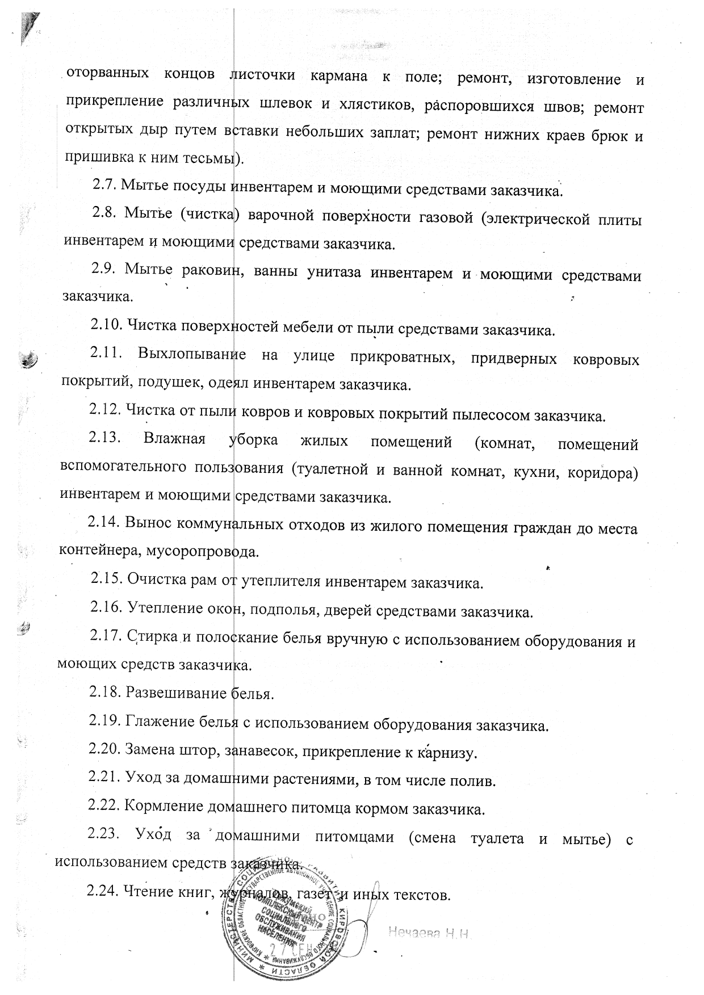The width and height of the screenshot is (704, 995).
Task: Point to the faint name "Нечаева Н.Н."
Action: click(431, 931)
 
